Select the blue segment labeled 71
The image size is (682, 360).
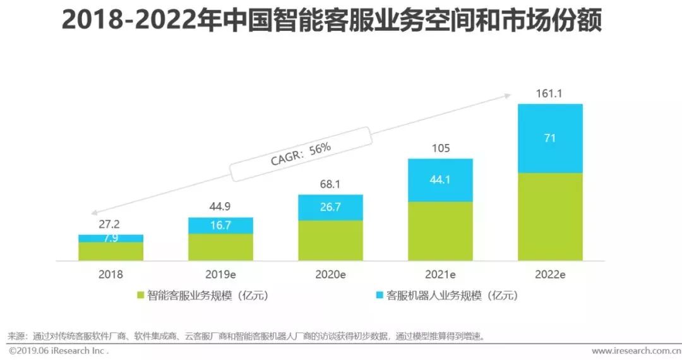550,138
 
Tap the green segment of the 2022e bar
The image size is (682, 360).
550,217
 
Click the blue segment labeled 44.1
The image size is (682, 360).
440,180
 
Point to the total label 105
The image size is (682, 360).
440,148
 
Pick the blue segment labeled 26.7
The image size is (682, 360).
330,207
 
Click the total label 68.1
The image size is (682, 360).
330,184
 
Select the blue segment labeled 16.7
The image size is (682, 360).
220,225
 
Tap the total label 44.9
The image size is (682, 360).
220,207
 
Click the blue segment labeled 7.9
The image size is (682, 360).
111,238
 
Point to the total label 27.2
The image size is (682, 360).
111,224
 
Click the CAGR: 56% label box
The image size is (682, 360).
301,153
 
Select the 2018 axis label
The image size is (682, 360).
111,275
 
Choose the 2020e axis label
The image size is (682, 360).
330,275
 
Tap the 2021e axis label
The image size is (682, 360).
440,275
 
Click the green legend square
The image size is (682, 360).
141,295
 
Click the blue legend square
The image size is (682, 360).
380,295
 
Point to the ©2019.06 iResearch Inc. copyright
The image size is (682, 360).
58,351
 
